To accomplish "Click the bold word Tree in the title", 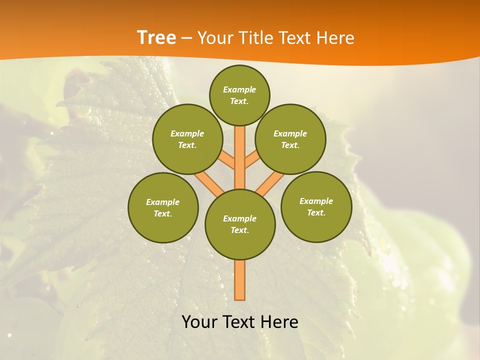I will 156,38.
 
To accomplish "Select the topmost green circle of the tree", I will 239,95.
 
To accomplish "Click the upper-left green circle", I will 187,139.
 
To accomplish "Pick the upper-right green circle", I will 290,139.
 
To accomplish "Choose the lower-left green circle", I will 163,207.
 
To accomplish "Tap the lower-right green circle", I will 316,206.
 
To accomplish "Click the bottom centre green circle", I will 240,224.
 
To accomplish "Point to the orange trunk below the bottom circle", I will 240,280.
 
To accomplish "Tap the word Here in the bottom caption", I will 281,322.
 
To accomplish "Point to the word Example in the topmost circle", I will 239,89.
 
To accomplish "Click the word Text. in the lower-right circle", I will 316,212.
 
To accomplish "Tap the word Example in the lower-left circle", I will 163,202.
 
